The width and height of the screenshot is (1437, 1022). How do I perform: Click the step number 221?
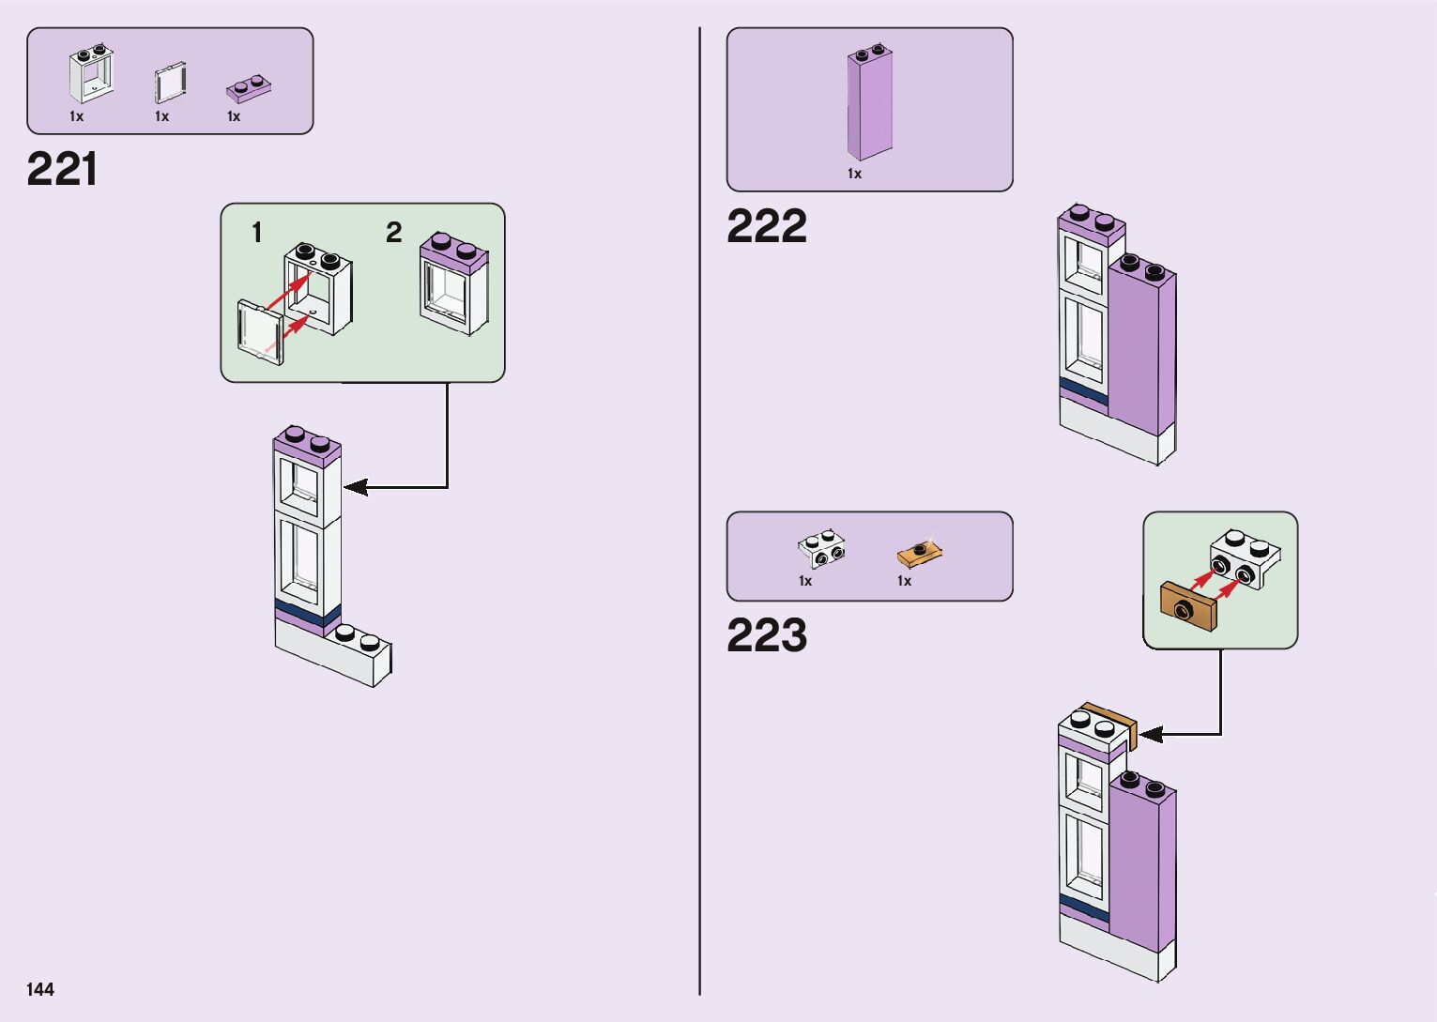62,170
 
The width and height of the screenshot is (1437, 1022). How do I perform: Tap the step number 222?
766,226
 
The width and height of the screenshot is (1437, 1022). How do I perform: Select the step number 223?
766,635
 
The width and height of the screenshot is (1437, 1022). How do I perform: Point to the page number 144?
40,989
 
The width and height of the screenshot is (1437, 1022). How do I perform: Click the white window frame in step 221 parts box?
91,74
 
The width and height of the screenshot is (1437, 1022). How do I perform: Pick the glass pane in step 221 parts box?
169,84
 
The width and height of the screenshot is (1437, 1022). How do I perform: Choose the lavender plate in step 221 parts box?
249,89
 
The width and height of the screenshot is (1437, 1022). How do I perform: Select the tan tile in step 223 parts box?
919,553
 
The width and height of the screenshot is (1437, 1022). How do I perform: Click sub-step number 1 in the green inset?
256,233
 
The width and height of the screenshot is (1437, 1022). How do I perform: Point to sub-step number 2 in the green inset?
394,233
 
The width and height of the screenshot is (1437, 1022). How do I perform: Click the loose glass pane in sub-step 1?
260,332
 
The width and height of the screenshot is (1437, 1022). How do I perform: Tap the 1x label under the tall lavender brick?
854,174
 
